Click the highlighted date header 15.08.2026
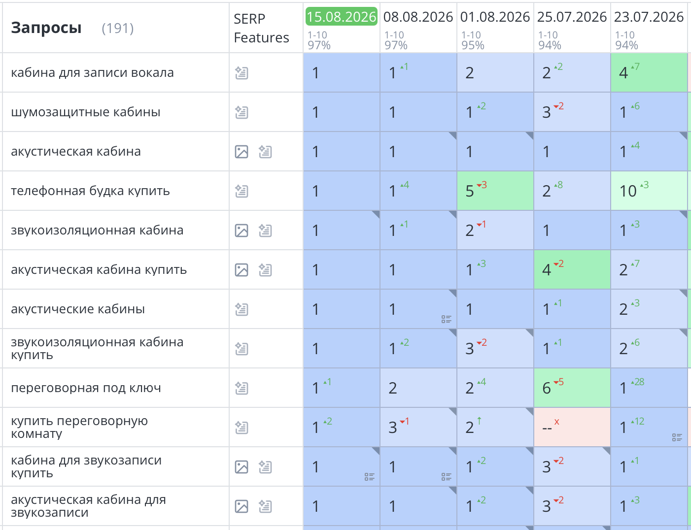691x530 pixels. tap(341, 17)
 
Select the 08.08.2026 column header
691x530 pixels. tap(418, 17)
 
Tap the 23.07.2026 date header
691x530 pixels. tap(649, 17)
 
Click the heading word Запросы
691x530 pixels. tap(46, 28)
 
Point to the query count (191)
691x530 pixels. tap(118, 28)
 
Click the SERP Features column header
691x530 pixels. tap(261, 28)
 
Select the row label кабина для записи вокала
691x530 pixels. tap(92, 73)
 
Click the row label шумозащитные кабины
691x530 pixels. tap(86, 112)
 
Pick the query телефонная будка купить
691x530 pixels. tap(90, 191)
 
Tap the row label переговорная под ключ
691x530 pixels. tap(86, 388)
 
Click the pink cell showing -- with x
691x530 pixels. tap(572, 428)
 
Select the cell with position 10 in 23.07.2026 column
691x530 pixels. tap(649, 191)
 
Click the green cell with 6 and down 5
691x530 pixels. tap(572, 388)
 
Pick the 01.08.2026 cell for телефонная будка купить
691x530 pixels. tap(495, 191)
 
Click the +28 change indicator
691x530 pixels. tap(638, 382)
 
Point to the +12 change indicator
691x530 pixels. tap(638, 421)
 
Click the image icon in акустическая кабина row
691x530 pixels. tap(242, 152)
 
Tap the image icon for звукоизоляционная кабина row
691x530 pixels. tap(242, 231)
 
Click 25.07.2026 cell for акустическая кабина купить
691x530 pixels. tap(572, 270)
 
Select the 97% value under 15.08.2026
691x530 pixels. tap(319, 45)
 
